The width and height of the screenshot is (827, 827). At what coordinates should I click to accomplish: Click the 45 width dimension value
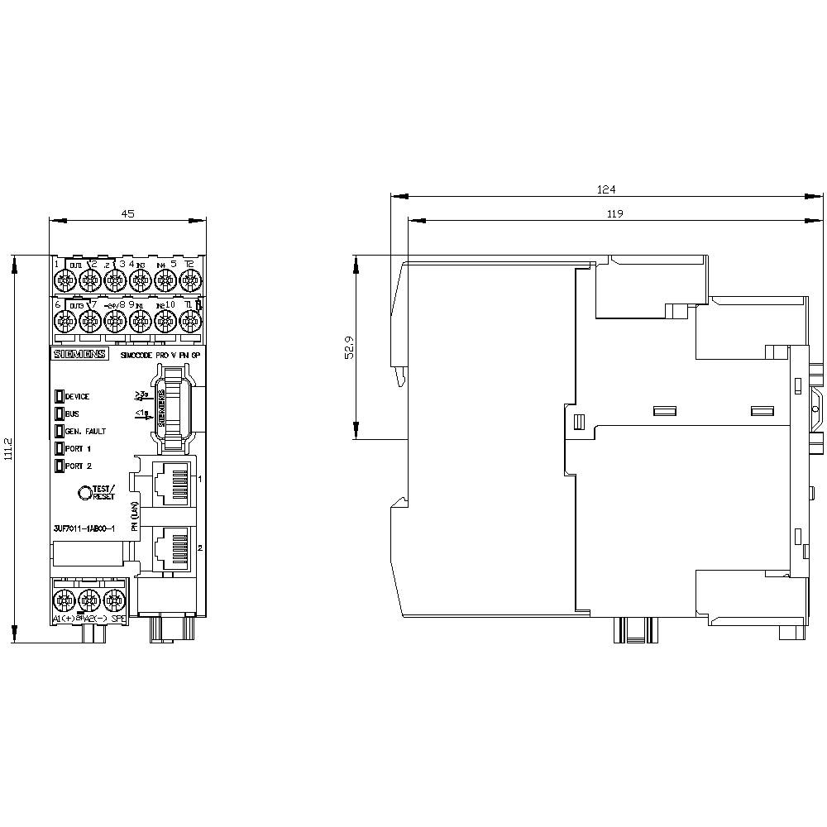[x=127, y=213]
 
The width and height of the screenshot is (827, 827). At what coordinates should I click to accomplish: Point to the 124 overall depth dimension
[x=606, y=189]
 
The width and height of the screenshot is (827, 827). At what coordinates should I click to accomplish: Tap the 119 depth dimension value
[x=613, y=213]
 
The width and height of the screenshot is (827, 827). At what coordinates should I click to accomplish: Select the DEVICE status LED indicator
[x=60, y=396]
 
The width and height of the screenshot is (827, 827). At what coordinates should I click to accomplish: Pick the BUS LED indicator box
[x=60, y=413]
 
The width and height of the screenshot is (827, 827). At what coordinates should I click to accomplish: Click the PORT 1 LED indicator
[x=60, y=448]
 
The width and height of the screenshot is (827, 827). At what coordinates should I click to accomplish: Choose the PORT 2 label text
[x=79, y=466]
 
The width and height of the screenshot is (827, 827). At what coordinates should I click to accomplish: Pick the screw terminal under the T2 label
[x=189, y=281]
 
